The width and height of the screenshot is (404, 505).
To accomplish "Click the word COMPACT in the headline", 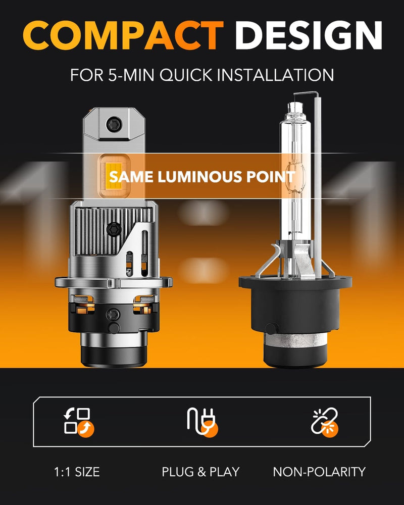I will [x=123, y=36].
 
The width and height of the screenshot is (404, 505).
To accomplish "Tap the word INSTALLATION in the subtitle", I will [x=276, y=75].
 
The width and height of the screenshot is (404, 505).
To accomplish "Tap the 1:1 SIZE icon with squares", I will [x=77, y=421].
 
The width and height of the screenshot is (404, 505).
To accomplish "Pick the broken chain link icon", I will [x=325, y=421].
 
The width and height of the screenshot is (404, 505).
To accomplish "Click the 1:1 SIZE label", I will [x=76, y=472].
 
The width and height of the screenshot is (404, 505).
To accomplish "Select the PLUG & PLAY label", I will [x=200, y=472].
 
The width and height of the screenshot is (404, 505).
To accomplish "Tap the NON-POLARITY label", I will [x=319, y=472].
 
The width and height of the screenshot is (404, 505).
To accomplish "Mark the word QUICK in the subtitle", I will [x=191, y=75].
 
